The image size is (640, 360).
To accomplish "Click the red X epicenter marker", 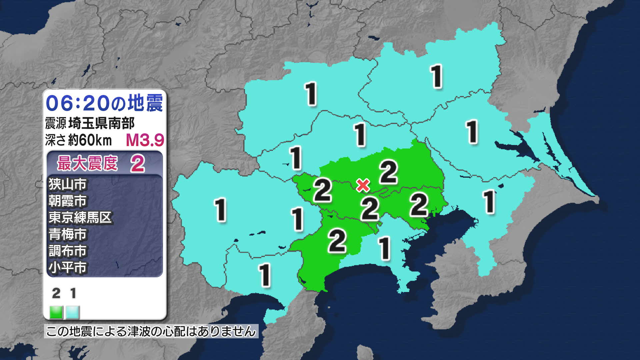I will pyautogui.click(x=363, y=185).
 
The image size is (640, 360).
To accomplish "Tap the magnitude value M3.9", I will pyautogui.click(x=145, y=140).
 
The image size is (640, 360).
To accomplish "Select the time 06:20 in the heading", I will pyautogui.click(x=77, y=103).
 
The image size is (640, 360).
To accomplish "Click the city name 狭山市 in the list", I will pyautogui.click(x=67, y=184).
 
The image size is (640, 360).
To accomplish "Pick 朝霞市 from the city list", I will pyautogui.click(x=67, y=201).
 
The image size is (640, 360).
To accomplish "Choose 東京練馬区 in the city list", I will pyautogui.click(x=80, y=217).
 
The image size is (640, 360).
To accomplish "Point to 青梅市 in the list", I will pyautogui.click(x=67, y=234).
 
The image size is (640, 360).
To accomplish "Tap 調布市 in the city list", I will pyautogui.click(x=67, y=251).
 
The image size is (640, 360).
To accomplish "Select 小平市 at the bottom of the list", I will pyautogui.click(x=67, y=267).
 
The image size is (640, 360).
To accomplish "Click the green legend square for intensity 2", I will pyautogui.click(x=56, y=312).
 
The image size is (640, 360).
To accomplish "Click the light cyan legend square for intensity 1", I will pyautogui.click(x=73, y=312).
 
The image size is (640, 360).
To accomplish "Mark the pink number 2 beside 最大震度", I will pyautogui.click(x=137, y=164).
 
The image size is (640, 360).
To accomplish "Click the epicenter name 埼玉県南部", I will pyautogui.click(x=101, y=123).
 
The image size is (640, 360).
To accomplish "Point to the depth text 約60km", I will pyautogui.click(x=90, y=140).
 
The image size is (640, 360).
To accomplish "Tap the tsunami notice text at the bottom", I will pyautogui.click(x=151, y=331).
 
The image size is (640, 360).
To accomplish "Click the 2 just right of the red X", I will pyautogui.click(x=388, y=172).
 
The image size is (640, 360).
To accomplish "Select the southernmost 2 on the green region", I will pyautogui.click(x=337, y=240).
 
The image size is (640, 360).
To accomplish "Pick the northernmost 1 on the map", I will pyautogui.click(x=436, y=77).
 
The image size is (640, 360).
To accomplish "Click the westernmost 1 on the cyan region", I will pyautogui.click(x=220, y=210).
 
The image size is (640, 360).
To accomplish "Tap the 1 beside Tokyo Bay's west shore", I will pyautogui.click(x=384, y=248).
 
